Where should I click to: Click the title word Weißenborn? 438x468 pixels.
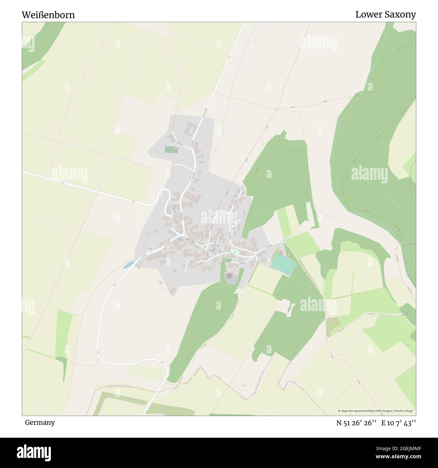pos(49,15)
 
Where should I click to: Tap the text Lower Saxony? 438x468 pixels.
pos(385,14)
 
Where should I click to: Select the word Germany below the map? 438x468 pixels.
pos(40,422)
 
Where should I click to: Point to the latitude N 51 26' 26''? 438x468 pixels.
pos(357,423)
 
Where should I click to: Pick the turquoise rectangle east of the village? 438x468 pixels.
pos(283,263)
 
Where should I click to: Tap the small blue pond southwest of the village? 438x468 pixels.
pos(128,265)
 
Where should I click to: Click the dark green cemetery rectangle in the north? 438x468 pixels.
pos(172,149)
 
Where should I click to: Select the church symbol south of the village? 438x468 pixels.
pos(229,275)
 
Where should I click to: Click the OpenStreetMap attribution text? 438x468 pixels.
pos(377,411)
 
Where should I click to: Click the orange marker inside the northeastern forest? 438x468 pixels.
pos(257,169)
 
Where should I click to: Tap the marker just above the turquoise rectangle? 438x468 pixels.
pos(281,251)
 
